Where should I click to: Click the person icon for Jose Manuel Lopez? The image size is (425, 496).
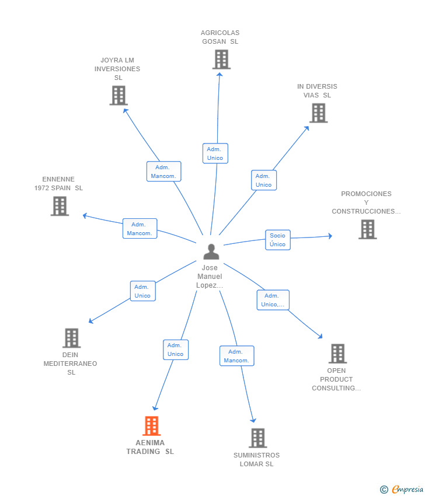(x=211, y=252)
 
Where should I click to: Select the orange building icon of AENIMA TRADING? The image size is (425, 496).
(x=151, y=426)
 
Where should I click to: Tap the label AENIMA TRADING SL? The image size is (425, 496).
(x=150, y=447)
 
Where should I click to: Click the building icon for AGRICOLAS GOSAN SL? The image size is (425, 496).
(x=221, y=60)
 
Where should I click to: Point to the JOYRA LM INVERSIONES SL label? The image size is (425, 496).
(x=119, y=69)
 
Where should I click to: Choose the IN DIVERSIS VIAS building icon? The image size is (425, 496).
(x=318, y=113)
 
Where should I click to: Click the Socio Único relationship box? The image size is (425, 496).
(x=277, y=240)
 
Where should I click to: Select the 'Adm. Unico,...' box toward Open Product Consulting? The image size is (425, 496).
(x=273, y=300)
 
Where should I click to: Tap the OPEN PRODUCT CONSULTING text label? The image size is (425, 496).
(x=336, y=379)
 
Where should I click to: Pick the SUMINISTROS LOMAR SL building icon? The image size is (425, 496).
(x=257, y=438)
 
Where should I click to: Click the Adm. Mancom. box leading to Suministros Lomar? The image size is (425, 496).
(x=236, y=356)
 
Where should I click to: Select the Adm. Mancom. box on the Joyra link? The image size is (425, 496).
(x=163, y=172)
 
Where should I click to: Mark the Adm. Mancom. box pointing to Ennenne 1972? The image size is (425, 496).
(x=140, y=229)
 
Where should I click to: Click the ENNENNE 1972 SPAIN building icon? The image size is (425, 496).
(x=60, y=206)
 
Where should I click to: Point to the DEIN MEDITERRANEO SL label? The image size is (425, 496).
(x=71, y=363)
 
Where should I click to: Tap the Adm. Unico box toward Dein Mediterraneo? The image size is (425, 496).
(x=142, y=291)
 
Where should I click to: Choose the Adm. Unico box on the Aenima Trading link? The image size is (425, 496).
(x=175, y=350)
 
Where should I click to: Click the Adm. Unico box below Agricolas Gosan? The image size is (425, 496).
(x=215, y=153)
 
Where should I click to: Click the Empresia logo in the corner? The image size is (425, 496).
(x=402, y=489)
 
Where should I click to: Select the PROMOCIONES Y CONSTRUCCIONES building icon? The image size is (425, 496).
(x=367, y=229)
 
